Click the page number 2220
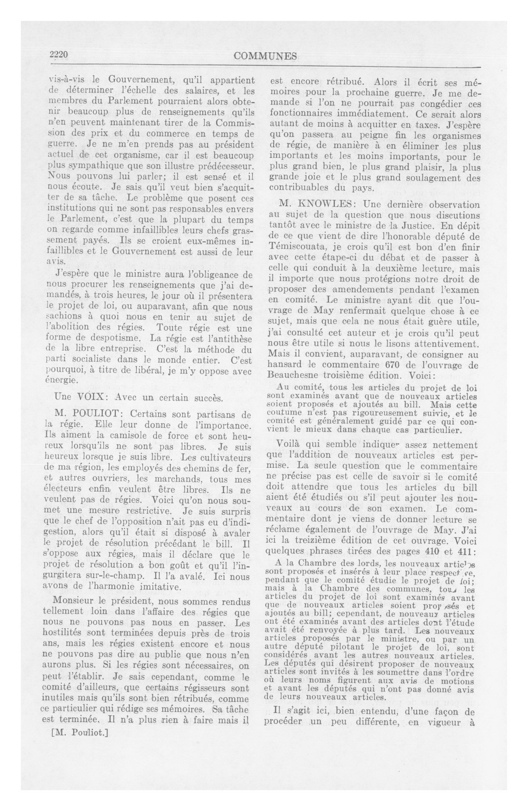[x=59, y=55]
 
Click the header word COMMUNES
[x=265, y=56]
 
